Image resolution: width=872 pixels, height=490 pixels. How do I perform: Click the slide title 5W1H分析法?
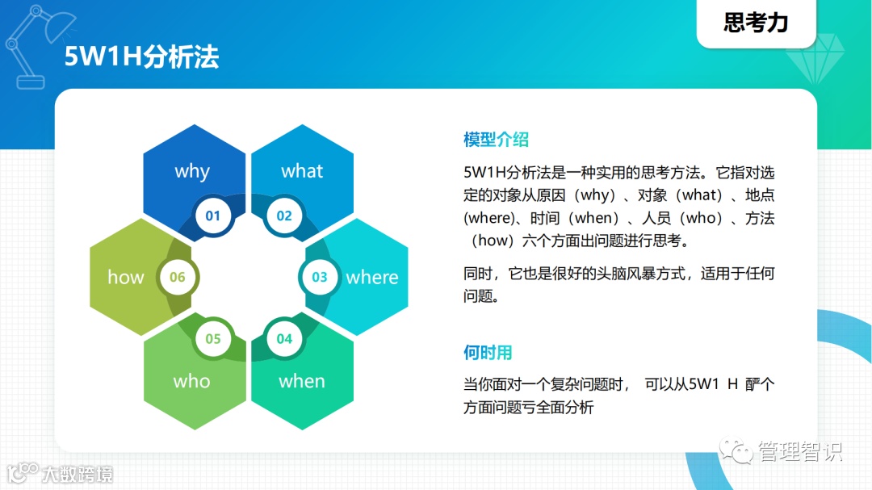[141, 57]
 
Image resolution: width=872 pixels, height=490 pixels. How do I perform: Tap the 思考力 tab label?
[756, 23]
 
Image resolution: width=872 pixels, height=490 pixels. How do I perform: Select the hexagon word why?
[192, 171]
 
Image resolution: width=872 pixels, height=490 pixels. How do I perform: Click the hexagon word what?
[302, 171]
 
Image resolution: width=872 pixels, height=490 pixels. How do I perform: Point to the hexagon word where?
[372, 277]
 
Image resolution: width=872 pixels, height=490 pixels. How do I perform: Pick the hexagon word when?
[302, 381]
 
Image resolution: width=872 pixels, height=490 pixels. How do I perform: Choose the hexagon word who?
[192, 381]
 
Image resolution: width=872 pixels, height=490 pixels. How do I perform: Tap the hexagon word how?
[126, 277]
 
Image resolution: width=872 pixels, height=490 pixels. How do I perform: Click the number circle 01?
[213, 216]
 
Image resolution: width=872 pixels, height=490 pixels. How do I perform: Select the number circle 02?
[284, 216]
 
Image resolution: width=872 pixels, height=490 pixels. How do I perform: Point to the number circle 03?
[320, 277]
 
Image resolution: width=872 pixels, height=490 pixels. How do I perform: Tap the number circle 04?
[284, 339]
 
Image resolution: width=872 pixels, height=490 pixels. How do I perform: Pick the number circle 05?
[213, 339]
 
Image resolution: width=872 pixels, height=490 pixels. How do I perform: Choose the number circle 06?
[178, 277]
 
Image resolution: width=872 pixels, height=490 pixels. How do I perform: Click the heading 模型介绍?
[496, 139]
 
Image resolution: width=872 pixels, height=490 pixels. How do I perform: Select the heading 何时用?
[488, 353]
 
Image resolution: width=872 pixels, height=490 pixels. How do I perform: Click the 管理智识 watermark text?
[799, 451]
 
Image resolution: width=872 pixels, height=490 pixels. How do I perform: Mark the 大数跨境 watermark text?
[78, 475]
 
